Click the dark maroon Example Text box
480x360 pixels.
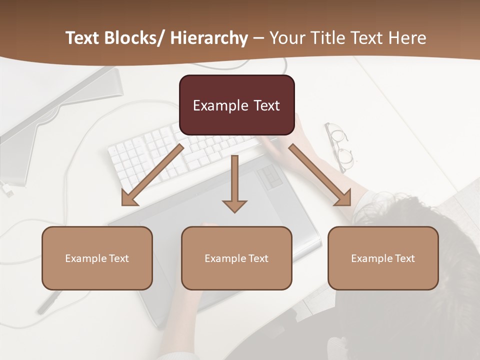point(236,105)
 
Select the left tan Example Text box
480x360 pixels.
point(97,258)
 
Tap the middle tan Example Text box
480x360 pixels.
point(236,258)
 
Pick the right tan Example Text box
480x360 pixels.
point(383,258)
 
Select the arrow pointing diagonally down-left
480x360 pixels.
point(152,175)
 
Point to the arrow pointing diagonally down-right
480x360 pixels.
point(320,175)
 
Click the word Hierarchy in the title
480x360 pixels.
point(209,38)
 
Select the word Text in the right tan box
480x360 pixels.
point(404,258)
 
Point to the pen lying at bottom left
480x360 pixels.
point(50,302)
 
